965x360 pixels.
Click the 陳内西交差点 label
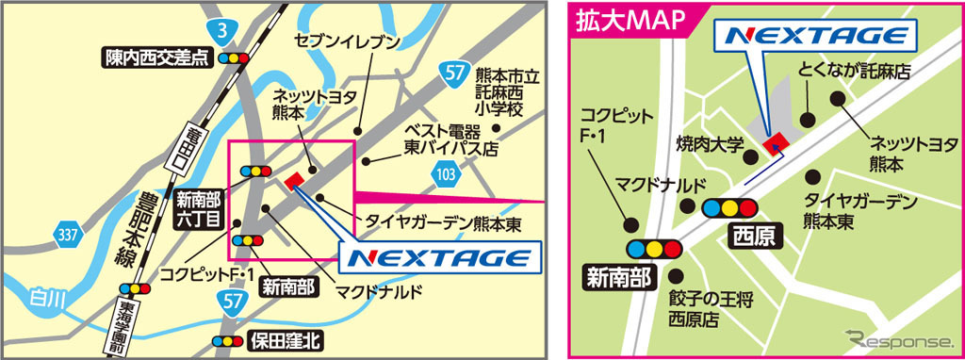pyautogui.click(x=155, y=58)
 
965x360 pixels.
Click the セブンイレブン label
pyautogui.click(x=349, y=42)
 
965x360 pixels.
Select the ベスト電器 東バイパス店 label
pyautogui.click(x=450, y=139)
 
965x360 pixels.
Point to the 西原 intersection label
pyautogui.click(x=753, y=235)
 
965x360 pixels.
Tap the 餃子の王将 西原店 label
pyautogui.click(x=707, y=309)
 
